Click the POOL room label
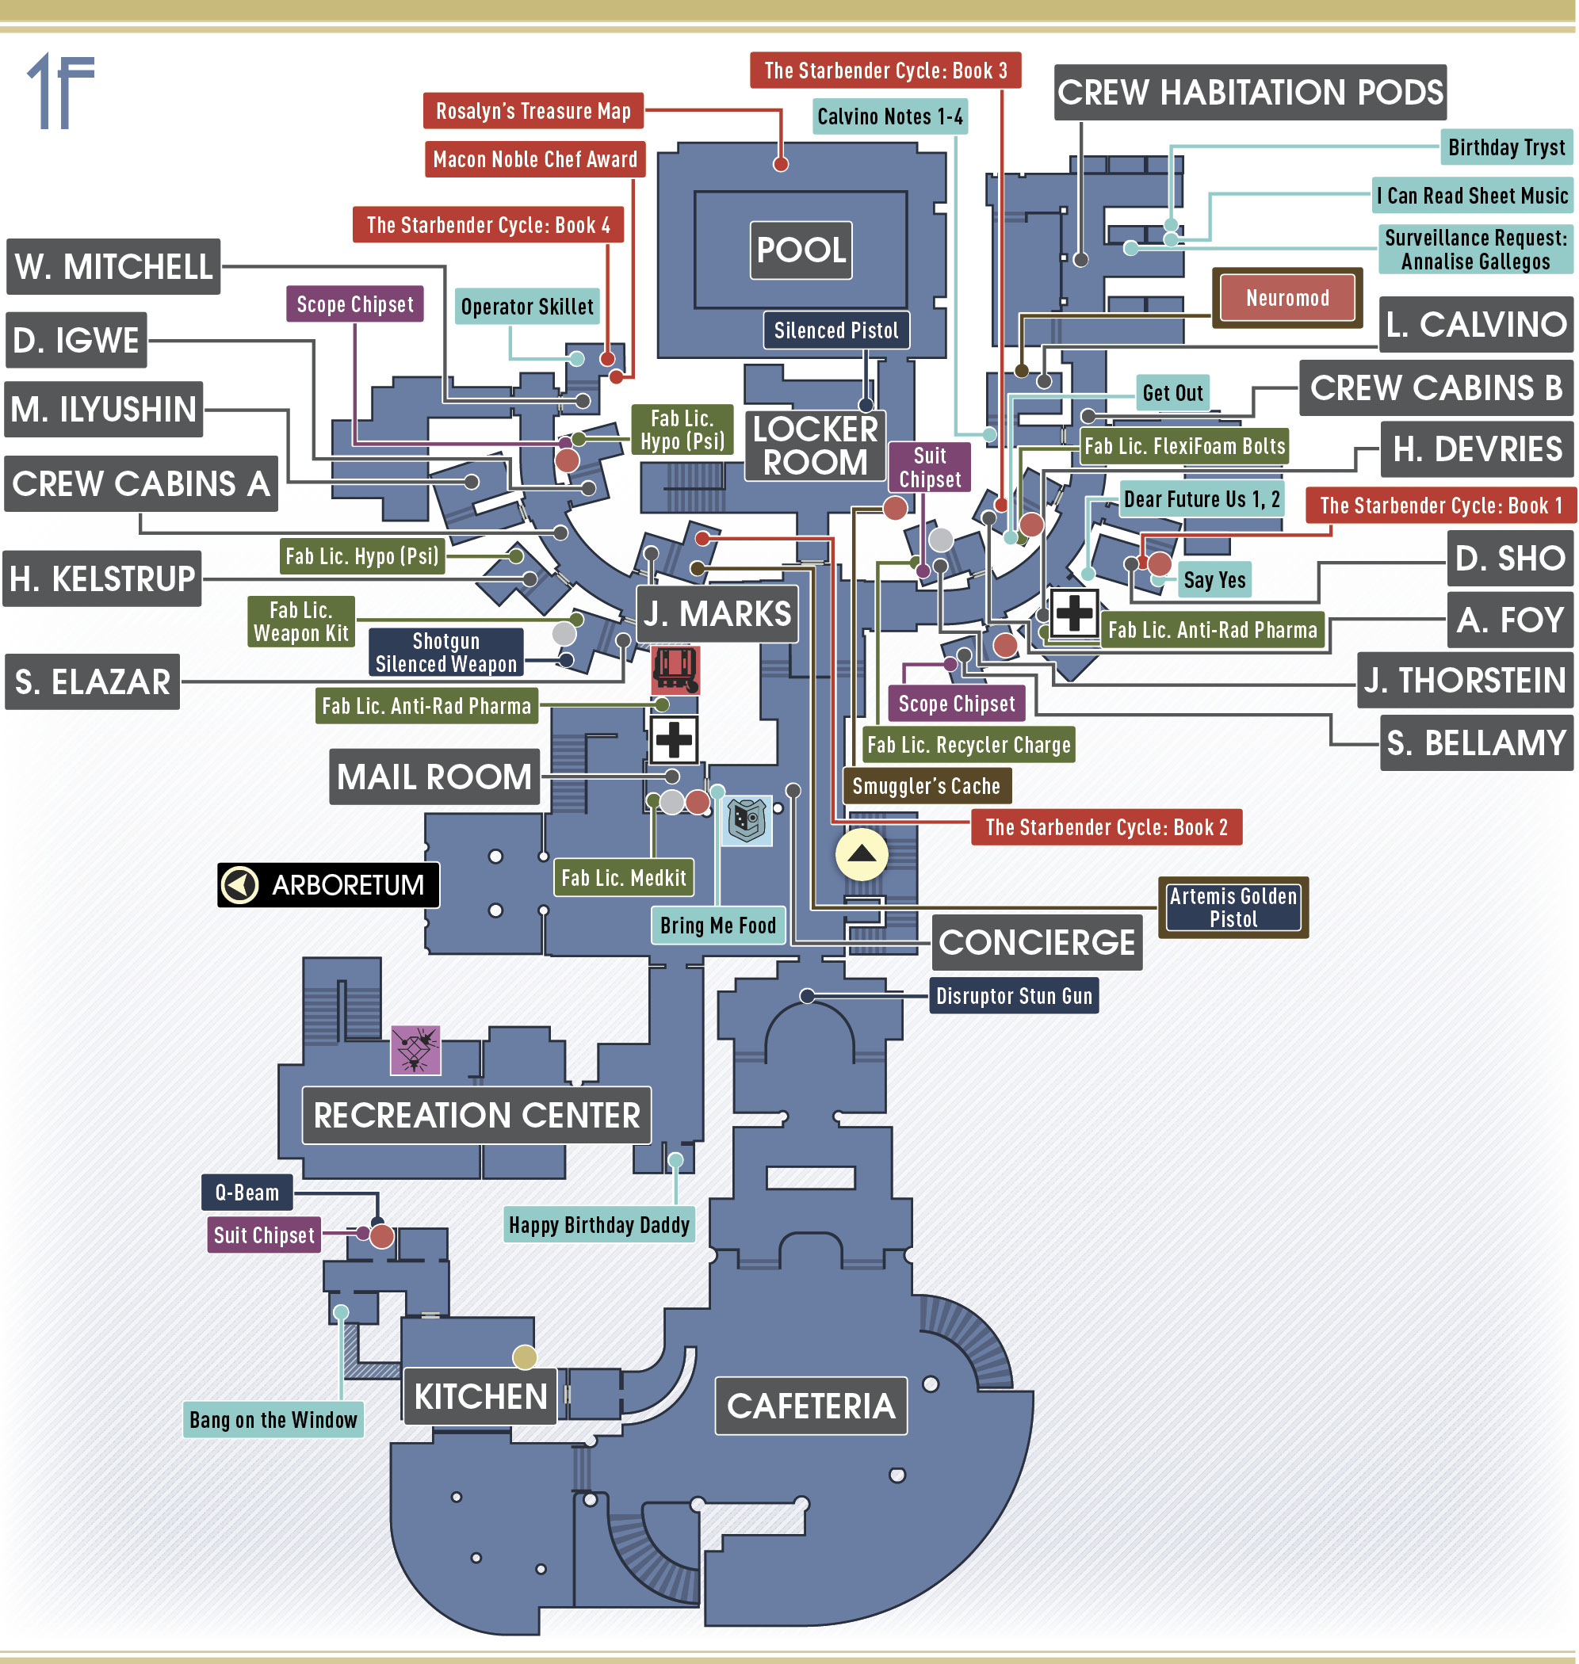click(x=801, y=250)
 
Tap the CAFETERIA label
click(x=811, y=1405)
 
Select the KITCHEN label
click(x=480, y=1396)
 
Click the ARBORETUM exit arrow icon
click(x=239, y=885)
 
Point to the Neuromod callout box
click(x=1287, y=298)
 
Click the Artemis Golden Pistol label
click(x=1233, y=908)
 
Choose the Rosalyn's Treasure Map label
click(x=533, y=111)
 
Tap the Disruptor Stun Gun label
click(x=1015, y=996)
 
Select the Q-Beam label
click(x=247, y=1192)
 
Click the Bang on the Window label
click(x=273, y=1420)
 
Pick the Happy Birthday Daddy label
click(x=599, y=1225)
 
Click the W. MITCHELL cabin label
click(x=113, y=267)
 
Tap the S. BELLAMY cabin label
click(x=1476, y=742)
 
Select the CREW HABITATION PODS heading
click(x=1250, y=93)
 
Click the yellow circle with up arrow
click(x=861, y=855)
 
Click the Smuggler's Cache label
click(x=927, y=787)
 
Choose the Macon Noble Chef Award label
click(x=535, y=160)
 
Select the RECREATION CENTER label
click(x=476, y=1116)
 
